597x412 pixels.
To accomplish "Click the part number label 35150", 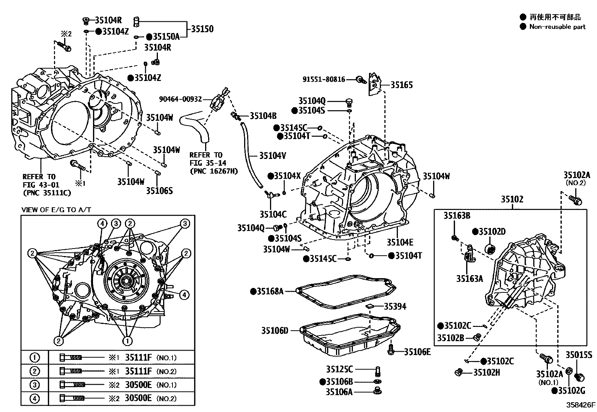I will click(202, 29).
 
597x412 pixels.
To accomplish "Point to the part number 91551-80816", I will click(324, 79).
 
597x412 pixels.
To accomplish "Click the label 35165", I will click(401, 85).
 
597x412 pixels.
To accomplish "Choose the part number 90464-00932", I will click(180, 99).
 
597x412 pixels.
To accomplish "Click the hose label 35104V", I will click(273, 155).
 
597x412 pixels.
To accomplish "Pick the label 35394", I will click(394, 307).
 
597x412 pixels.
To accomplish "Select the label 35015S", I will click(579, 355).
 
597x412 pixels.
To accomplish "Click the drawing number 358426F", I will click(580, 405).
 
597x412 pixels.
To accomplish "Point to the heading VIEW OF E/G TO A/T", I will click(56, 210).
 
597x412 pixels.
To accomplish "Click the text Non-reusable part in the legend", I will click(557, 27).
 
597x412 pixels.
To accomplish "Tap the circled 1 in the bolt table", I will click(34, 358).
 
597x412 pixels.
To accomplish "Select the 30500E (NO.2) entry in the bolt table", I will click(150, 399).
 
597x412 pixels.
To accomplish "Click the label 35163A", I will click(469, 279).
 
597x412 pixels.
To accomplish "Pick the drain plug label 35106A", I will click(339, 392).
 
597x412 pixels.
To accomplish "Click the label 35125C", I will click(339, 369).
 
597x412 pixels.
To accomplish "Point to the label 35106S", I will click(159, 191).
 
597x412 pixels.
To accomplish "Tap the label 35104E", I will click(400, 242).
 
